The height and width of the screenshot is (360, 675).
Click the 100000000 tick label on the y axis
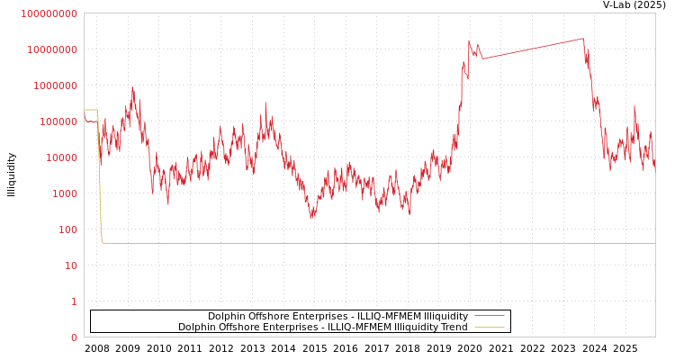[x=49, y=13]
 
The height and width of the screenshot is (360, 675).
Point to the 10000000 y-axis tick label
[x=52, y=49]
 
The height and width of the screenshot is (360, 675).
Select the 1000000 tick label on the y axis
[x=56, y=85]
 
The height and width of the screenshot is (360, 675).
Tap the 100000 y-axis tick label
[x=59, y=121]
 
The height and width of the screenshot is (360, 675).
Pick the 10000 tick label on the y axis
[x=63, y=157]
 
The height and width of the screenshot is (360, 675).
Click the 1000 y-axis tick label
[x=67, y=193]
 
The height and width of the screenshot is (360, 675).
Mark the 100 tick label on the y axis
[x=69, y=229]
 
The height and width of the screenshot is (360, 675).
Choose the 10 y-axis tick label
[x=72, y=265]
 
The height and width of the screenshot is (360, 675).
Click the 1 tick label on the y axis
[x=75, y=301]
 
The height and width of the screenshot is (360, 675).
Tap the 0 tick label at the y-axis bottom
[x=75, y=337]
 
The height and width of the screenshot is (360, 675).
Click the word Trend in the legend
[x=453, y=327]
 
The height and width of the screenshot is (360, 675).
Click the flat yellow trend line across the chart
[x=360, y=243]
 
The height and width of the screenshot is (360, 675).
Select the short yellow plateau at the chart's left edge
[x=91, y=110]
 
